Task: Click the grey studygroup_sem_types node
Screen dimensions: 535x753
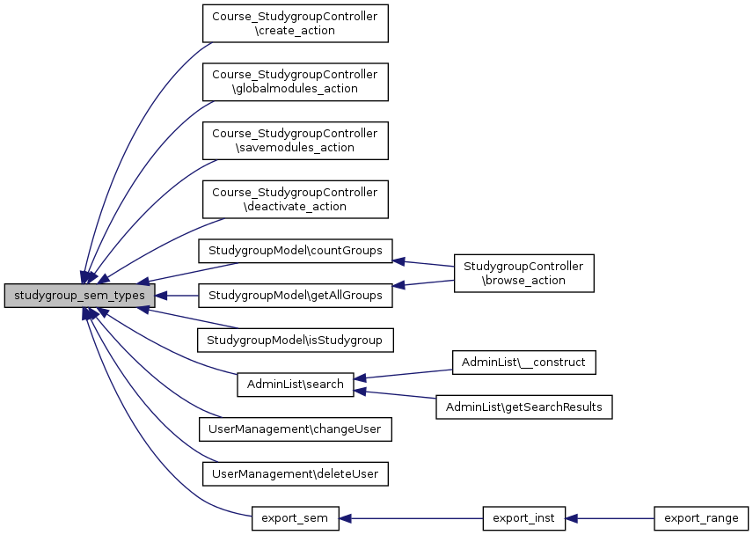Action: pos(79,296)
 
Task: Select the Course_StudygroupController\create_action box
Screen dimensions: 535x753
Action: pos(295,24)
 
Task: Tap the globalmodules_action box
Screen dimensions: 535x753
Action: pos(295,82)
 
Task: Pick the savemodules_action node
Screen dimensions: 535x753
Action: pos(295,140)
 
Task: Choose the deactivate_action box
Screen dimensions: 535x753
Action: pos(295,199)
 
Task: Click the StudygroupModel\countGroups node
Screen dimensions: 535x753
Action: pos(295,250)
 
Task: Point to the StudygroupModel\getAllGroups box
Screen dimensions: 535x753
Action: pos(295,296)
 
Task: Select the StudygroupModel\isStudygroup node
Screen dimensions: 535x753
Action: pos(295,339)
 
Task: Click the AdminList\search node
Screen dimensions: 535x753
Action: pos(295,385)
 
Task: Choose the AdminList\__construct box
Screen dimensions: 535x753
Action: pos(524,362)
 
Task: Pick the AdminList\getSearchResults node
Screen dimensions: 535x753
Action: pos(524,407)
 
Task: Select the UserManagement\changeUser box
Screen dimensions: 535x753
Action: pos(295,429)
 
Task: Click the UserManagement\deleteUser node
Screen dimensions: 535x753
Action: pos(295,474)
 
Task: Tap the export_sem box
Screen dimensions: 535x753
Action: pos(295,518)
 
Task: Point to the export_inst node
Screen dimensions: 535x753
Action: pos(523,518)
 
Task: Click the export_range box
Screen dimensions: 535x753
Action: pos(701,518)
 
